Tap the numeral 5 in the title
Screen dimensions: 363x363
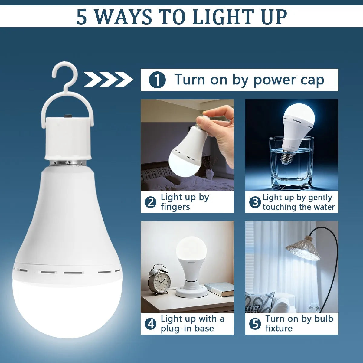point(82,17)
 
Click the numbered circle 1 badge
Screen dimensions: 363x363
point(157,80)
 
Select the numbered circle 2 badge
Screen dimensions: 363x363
point(150,202)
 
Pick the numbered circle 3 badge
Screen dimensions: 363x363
point(255,202)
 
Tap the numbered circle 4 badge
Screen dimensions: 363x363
point(150,324)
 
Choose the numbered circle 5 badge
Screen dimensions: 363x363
point(255,324)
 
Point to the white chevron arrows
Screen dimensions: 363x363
point(108,80)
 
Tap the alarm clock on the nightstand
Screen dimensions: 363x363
point(159,280)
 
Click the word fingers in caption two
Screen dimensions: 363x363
point(175,207)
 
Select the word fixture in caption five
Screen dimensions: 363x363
point(279,328)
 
